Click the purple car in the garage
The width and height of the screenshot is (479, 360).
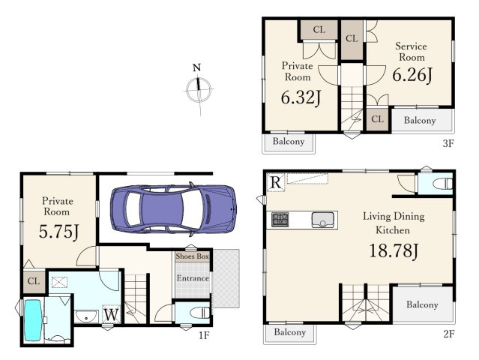[173, 209]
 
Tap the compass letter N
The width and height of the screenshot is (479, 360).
[196, 67]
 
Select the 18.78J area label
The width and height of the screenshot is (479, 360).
[394, 251]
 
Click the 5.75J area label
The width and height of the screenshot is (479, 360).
[59, 231]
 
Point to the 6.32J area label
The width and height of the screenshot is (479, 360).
[301, 97]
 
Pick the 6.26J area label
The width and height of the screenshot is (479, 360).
[412, 75]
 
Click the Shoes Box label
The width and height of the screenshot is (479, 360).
[193, 256]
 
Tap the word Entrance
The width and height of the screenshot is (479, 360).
[193, 278]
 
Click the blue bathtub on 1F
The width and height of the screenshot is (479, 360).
[33, 320]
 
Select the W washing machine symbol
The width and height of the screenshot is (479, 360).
[112, 314]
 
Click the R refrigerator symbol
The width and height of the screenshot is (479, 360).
[276, 182]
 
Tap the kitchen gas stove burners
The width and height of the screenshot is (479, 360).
[280, 220]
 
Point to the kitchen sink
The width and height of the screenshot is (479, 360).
[323, 220]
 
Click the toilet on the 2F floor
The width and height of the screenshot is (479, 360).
[443, 184]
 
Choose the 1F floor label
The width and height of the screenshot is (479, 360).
[204, 335]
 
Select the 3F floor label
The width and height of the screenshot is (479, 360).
[448, 143]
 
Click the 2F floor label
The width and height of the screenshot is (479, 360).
[448, 334]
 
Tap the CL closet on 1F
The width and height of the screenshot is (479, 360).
[34, 281]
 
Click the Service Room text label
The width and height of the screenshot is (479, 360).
[412, 52]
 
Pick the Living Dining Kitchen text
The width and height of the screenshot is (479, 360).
[394, 223]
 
